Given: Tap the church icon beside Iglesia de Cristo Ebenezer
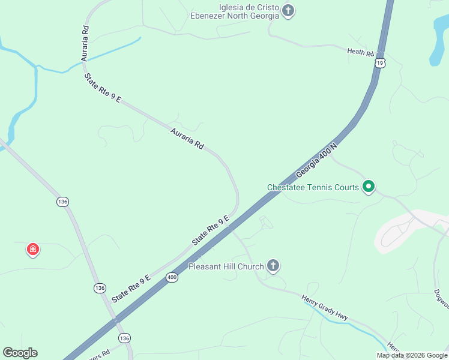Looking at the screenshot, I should [289, 11].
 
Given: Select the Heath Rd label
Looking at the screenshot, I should [361, 52].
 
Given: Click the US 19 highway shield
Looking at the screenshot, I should [379, 62].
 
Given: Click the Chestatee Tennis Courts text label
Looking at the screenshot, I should [313, 187].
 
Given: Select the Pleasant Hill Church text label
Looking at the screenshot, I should [226, 266].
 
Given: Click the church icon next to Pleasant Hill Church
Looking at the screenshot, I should [273, 266].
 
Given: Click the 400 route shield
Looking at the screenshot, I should [172, 277].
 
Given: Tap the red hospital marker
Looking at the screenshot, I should [33, 249].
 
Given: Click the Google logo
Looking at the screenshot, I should [20, 353].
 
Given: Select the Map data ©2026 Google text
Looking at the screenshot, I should [412, 355].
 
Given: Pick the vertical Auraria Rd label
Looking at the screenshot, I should [85, 43].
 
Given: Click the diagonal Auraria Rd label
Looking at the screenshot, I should [187, 139].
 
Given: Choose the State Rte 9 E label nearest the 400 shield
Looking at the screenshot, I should [130, 287].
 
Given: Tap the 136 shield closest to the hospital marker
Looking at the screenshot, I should [63, 202].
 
